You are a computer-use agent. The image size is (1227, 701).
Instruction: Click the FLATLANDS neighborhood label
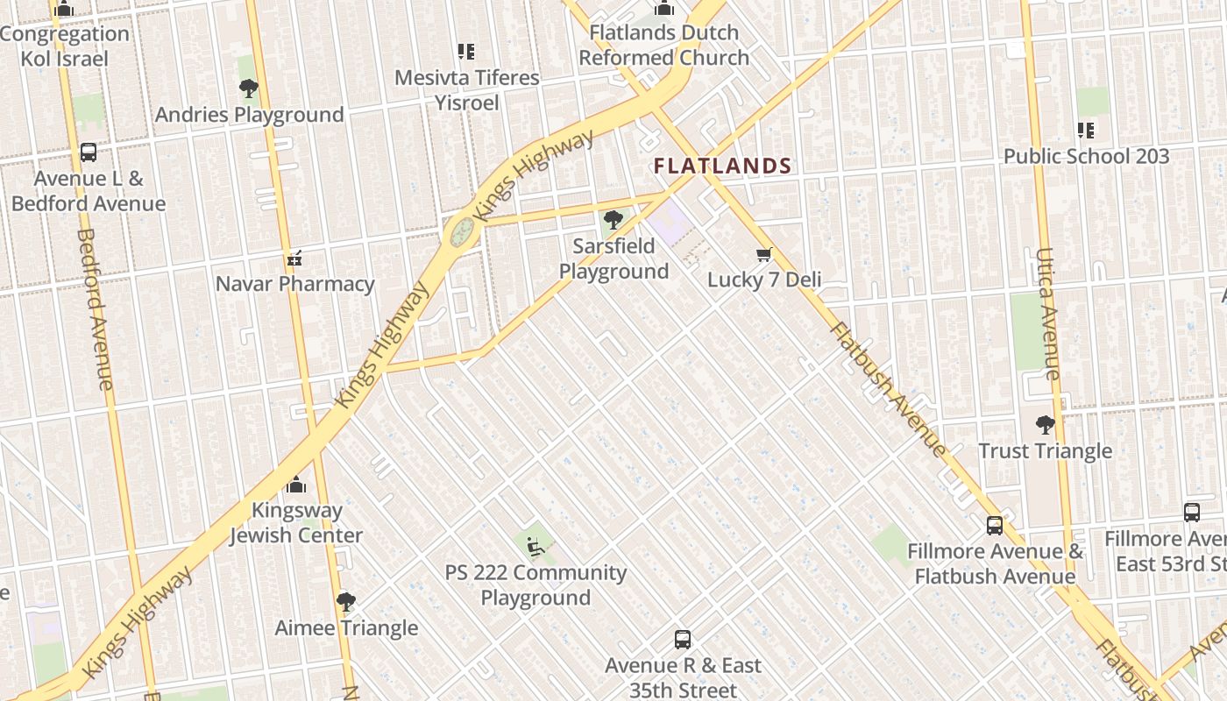click(722, 166)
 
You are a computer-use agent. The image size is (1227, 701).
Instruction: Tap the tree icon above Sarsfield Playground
click(613, 219)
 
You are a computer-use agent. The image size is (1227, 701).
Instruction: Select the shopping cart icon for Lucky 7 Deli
click(764, 254)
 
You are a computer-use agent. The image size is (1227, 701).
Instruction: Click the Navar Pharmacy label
click(294, 284)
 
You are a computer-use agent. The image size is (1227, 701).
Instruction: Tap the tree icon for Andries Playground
click(249, 88)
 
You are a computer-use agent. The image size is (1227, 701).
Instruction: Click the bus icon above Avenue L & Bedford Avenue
click(89, 152)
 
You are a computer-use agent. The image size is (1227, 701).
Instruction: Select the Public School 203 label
click(1086, 157)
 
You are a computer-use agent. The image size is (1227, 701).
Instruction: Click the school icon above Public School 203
click(1086, 131)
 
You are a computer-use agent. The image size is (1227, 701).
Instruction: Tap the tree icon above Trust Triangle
click(1045, 425)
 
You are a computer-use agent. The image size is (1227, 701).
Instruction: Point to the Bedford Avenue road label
click(95, 308)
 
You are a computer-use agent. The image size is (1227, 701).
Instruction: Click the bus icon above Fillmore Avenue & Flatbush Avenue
click(995, 526)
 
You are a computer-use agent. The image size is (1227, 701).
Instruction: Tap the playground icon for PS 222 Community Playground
click(535, 547)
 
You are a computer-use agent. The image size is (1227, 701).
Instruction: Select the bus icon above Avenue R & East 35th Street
click(683, 640)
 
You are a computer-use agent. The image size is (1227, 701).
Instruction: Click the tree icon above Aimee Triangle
click(346, 602)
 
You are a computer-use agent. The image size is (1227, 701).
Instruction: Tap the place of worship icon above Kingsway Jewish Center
click(296, 485)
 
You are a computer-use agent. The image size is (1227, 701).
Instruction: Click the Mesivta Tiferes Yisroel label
click(467, 90)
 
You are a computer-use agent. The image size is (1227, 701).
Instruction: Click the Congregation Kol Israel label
click(65, 46)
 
